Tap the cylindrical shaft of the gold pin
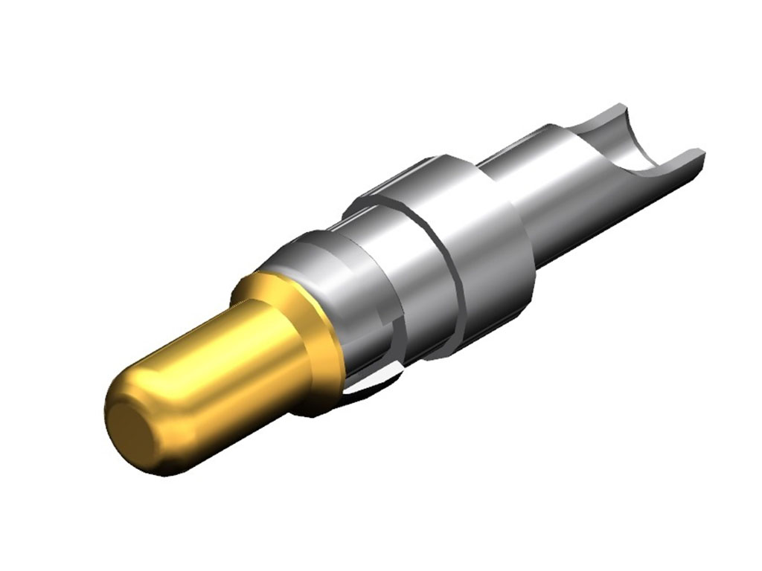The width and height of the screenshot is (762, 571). (223, 372)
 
